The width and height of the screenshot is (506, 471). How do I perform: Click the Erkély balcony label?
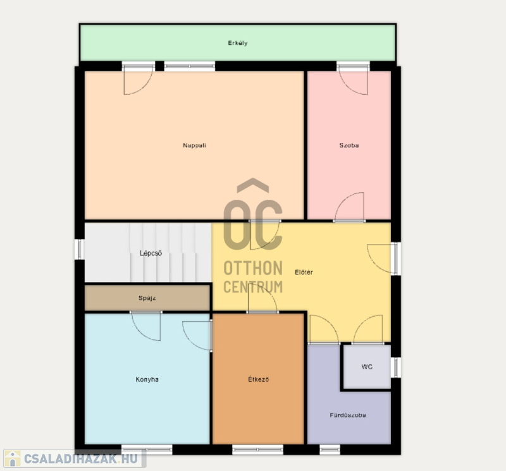238,43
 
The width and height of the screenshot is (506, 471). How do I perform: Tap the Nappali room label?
194,145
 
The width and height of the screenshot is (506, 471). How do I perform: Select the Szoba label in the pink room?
349,145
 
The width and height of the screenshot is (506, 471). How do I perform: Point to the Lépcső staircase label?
151,254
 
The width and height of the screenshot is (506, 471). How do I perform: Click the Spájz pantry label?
147,298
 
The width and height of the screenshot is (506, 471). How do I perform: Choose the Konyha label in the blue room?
147,379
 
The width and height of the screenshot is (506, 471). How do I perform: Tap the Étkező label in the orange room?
259,379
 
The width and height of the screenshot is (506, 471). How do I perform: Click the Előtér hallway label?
304,272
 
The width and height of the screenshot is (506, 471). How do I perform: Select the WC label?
367,367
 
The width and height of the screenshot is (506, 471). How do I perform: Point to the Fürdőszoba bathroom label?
348,415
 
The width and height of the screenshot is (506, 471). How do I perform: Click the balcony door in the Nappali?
139,80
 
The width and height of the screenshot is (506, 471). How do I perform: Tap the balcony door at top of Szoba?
353,80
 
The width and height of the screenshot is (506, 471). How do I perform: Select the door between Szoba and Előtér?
349,207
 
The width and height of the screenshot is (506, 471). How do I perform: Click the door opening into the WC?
368,329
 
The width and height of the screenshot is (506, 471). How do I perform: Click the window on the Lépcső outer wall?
79,249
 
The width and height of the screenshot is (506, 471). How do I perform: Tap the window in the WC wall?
396,367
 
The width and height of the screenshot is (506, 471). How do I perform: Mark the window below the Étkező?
257,449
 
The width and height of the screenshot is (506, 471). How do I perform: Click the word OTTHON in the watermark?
253,268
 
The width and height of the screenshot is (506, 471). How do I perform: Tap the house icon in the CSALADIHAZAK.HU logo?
13,458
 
